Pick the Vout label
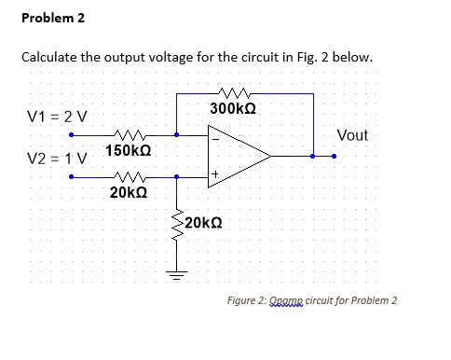[352, 135]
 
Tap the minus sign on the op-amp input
[215, 140]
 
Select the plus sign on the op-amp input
[215, 173]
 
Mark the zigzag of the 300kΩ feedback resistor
[229, 93]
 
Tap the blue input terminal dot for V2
[70, 174]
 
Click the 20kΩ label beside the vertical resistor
[203, 222]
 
